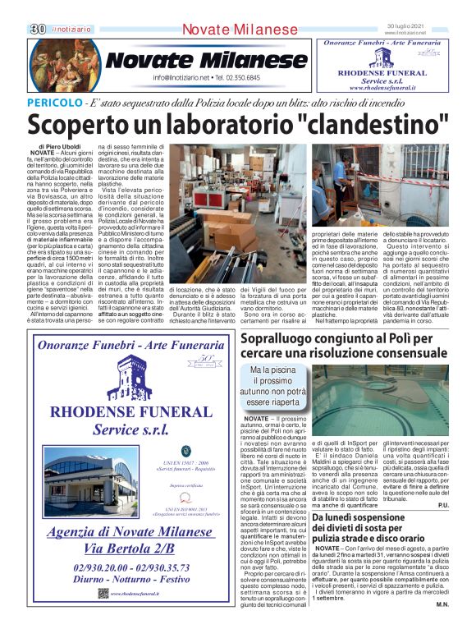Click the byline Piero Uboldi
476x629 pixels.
(62, 146)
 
